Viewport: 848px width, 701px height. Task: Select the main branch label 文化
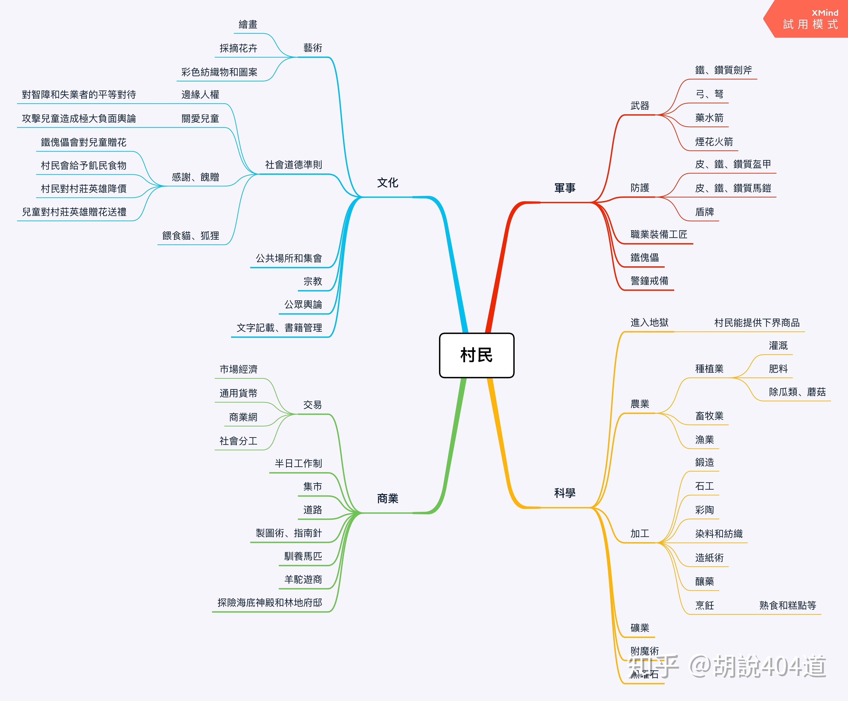click(387, 183)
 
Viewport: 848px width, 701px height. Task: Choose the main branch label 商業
click(387, 499)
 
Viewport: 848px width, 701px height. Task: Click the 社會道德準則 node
click(294, 165)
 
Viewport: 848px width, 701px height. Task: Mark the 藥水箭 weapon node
click(709, 118)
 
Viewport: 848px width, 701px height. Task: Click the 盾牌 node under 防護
click(704, 212)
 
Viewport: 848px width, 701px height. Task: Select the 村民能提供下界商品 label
click(757, 323)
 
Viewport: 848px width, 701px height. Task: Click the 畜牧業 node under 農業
click(709, 416)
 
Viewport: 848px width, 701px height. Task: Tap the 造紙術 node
click(709, 558)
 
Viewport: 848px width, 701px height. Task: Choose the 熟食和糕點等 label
click(787, 605)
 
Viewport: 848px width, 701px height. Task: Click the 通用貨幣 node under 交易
click(238, 393)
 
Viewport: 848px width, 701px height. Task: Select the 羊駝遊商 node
click(303, 579)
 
